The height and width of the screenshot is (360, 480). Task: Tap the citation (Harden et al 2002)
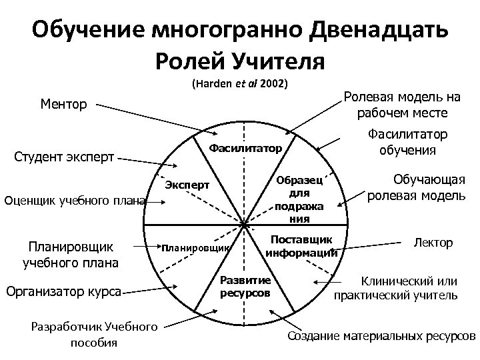(239, 85)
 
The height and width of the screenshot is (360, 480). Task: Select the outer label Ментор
(64, 104)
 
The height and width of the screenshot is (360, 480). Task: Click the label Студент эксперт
(65, 158)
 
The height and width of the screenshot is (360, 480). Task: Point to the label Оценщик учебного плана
(74, 199)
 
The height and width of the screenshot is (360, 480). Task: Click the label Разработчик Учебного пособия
(94, 334)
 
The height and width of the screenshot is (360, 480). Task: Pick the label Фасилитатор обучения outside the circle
(408, 142)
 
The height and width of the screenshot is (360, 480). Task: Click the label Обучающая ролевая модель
(416, 187)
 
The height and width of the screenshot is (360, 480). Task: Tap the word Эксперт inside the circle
(187, 184)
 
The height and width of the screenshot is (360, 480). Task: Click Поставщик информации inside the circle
(301, 246)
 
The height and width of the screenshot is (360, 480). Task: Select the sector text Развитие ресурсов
(244, 286)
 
